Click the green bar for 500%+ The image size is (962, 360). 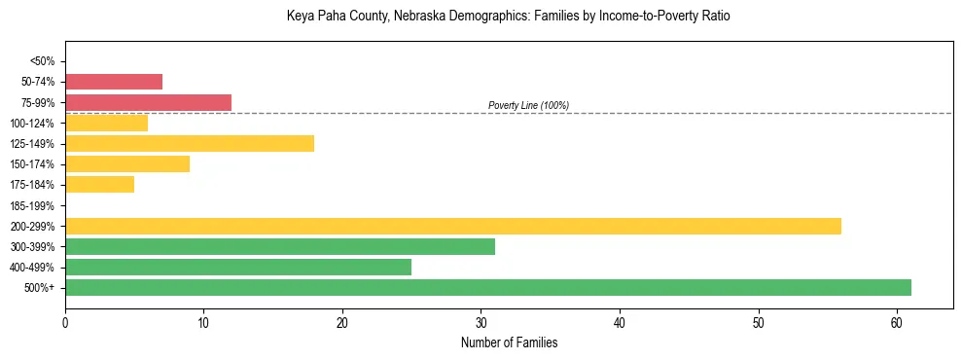pos(487,287)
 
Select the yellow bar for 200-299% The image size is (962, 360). pos(452,226)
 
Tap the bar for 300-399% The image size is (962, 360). pos(279,246)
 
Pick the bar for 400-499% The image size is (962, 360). pos(237,267)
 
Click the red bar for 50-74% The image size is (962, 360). pos(113,82)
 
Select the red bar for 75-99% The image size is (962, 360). pos(148,102)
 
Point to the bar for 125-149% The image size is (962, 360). pos(189,143)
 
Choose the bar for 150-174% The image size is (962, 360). pos(126,163)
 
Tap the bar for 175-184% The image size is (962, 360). pos(99,184)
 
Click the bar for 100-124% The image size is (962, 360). pos(106,123)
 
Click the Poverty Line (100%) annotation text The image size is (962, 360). pos(528,105)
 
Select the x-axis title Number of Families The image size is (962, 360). pos(509,342)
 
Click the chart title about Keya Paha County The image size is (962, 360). pos(508,17)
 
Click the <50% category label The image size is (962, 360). pos(42,61)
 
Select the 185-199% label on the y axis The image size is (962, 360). pos(34,205)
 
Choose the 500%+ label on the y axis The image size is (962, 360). pos(40,288)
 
